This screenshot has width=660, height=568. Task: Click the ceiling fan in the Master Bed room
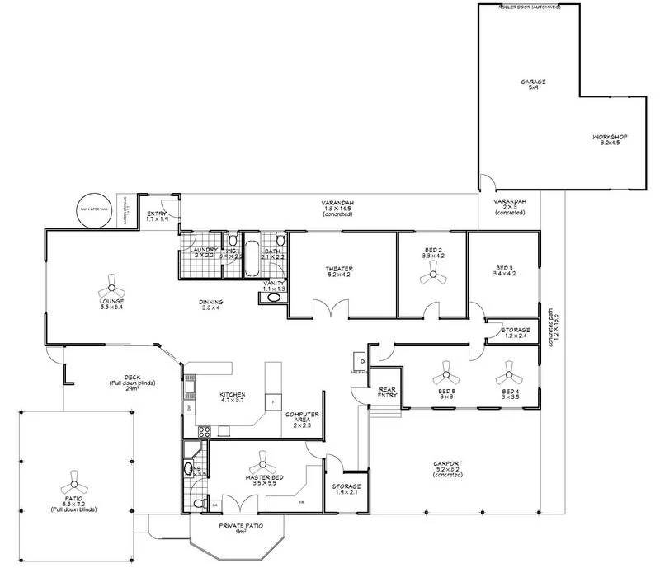(265, 460)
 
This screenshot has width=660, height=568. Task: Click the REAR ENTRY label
(388, 392)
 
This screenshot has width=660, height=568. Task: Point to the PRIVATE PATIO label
(240, 526)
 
